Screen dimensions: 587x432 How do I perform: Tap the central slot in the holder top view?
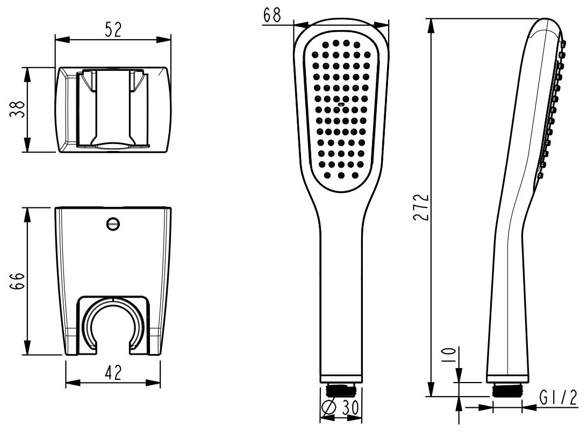(113, 107)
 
